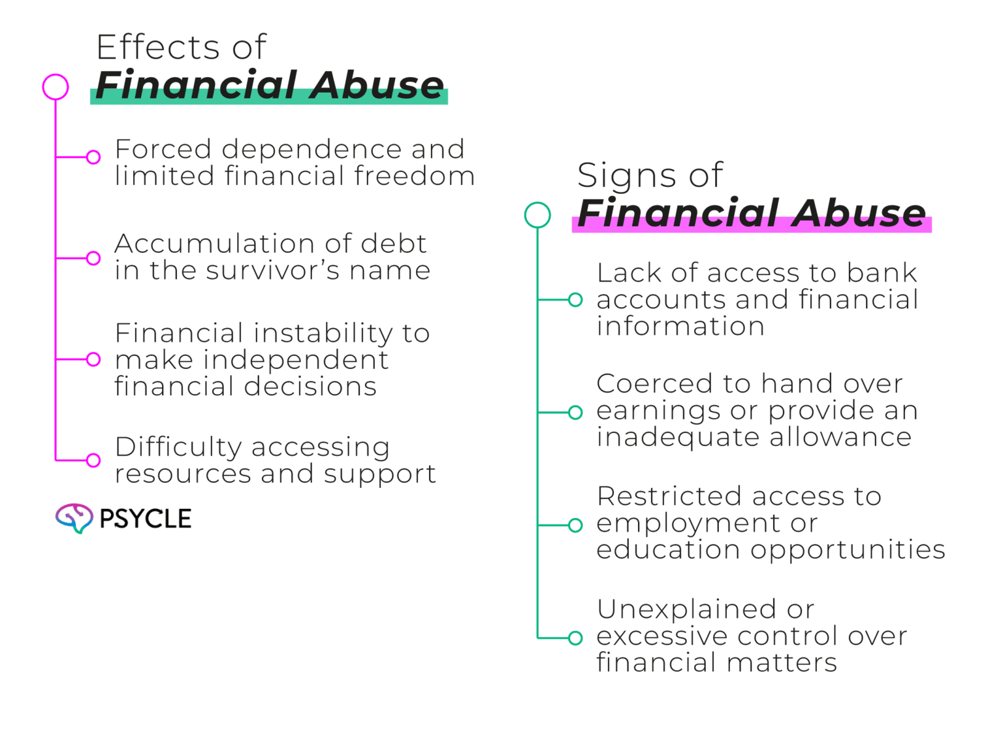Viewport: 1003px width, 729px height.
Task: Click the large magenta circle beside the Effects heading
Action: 56,87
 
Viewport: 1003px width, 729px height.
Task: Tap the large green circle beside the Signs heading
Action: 537,215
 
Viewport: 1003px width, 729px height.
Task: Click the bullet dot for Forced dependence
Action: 93,157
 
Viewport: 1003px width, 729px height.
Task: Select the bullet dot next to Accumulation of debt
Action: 93,258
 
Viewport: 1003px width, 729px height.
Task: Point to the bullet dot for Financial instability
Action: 93,359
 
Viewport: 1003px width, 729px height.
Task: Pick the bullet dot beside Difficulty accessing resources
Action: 93,461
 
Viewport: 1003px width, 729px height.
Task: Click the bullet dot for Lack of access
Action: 575,300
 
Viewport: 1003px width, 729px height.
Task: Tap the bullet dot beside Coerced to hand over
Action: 575,412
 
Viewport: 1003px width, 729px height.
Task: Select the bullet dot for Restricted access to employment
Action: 575,525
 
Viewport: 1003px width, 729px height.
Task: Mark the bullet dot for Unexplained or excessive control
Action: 575,638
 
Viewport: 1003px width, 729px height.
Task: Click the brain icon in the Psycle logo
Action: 73,518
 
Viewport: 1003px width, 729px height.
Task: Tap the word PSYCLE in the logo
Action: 145,519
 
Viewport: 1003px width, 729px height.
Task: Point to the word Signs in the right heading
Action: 617,175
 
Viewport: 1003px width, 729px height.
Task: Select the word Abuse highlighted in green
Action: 377,85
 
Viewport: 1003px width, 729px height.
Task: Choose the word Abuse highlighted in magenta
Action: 860,213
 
